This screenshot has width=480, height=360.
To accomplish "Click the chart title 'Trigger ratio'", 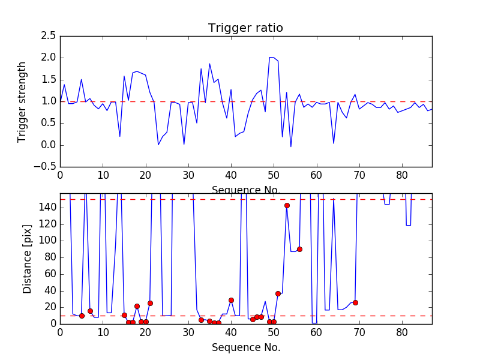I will point(245,28).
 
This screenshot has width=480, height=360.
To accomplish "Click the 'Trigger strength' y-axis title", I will point(22,101).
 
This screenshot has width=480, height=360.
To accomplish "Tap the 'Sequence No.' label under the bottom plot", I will point(245,347).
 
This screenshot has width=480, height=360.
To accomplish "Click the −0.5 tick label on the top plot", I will point(44,167).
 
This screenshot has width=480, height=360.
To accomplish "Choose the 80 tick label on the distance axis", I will point(49,257).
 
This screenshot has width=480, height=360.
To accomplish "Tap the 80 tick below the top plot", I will point(402,176).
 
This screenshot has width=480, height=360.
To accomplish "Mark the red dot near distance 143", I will point(287,205).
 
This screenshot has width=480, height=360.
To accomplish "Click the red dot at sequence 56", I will point(299,249).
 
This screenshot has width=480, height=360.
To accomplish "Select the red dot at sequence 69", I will point(355,302).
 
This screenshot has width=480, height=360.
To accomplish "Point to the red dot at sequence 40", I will point(231,300).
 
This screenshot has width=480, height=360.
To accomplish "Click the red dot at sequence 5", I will point(82,316).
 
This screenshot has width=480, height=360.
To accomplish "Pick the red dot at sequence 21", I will point(150,303).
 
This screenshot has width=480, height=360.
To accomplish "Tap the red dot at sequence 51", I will point(278,293).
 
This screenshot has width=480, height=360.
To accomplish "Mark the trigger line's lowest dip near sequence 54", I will point(291,146).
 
